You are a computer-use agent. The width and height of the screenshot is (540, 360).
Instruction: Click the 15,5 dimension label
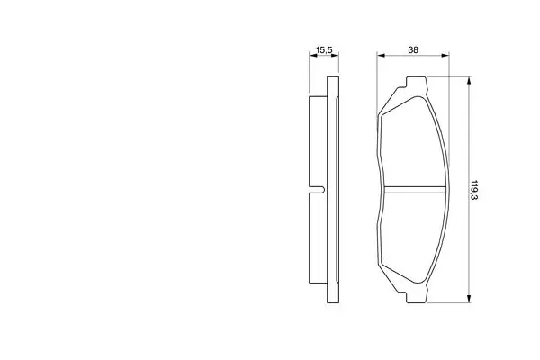pos(324,50)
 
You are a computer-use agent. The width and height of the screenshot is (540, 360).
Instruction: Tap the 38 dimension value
pos(413,50)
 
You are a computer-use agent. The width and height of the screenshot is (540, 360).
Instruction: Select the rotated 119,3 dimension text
pos(474,190)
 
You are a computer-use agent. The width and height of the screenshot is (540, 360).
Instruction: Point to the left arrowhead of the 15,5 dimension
pos(313,55)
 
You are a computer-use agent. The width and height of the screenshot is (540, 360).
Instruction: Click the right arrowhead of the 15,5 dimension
pos(335,55)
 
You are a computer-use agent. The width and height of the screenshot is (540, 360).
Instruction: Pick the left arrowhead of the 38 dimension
pos(382,55)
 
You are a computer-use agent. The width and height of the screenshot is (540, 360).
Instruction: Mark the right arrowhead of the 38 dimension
pos(445,55)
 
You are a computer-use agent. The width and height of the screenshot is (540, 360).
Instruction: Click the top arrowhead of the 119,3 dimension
pos(468,81)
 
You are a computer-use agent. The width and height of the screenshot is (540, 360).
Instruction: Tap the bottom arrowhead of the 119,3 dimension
pos(468,299)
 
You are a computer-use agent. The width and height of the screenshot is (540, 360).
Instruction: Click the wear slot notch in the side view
pos(318,190)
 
